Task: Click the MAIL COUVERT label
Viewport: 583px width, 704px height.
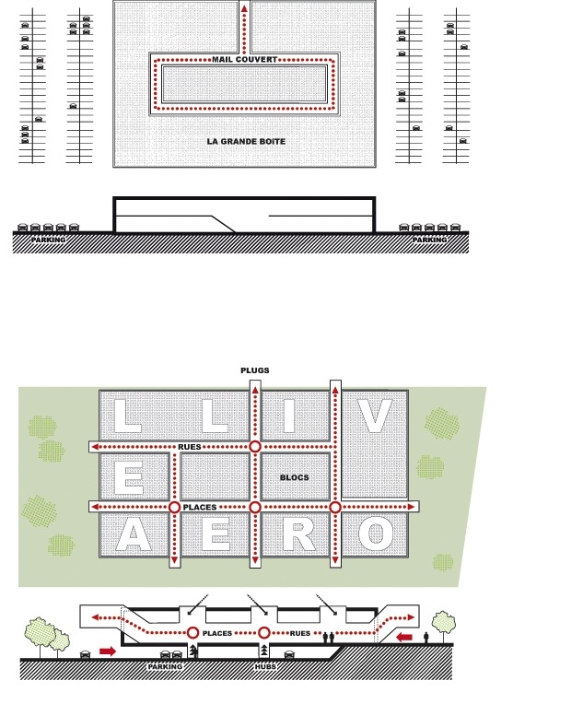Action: point(245,59)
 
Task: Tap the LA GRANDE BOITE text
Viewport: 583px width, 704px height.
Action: point(246,141)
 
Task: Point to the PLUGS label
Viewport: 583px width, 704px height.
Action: point(255,370)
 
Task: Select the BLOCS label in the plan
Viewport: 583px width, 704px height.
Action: point(295,477)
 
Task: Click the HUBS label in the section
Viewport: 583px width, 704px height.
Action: point(265,667)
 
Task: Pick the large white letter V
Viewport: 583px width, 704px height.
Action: point(375,417)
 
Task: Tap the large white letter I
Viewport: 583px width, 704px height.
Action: point(288,417)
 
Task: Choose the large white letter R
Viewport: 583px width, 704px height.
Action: point(299,534)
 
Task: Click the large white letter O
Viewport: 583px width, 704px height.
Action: point(376,534)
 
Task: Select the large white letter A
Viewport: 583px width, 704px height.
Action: point(134,534)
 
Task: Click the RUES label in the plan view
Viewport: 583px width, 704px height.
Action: point(190,447)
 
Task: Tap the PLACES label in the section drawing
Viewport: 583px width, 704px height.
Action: point(217,633)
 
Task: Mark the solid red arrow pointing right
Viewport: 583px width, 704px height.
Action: point(108,651)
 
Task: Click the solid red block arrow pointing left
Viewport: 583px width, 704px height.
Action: point(404,637)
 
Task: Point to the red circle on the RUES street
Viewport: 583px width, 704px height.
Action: point(255,447)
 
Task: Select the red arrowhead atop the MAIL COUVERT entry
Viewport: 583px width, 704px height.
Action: point(244,8)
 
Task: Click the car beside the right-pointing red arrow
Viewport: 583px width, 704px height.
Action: point(86,654)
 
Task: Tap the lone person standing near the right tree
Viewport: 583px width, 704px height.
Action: point(426,637)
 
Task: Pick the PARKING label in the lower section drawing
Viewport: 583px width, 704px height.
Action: point(165,667)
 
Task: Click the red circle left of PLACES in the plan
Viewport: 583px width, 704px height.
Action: point(175,508)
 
